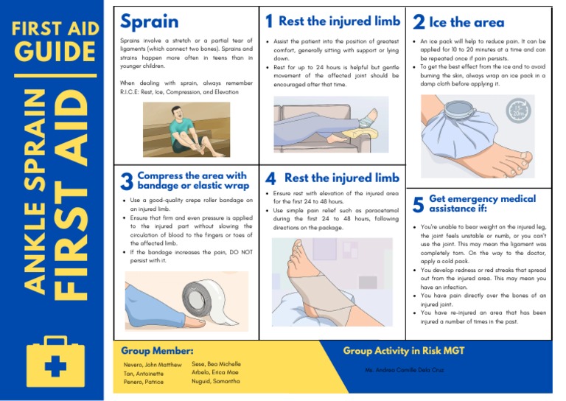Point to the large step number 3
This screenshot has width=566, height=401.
click(x=126, y=181)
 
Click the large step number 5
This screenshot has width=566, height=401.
click(x=418, y=204)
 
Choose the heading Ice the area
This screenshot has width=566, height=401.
click(x=467, y=22)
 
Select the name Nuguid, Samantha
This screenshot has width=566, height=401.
click(x=216, y=381)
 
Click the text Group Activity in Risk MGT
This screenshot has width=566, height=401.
click(x=403, y=351)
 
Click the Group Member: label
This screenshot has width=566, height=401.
click(x=157, y=351)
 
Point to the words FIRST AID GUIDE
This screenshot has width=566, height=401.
click(x=55, y=43)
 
